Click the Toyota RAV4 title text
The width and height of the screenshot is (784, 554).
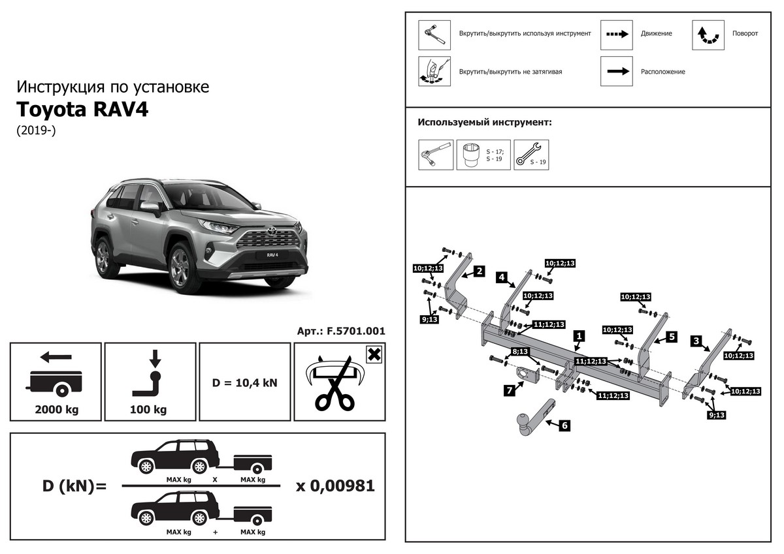coord(82,109)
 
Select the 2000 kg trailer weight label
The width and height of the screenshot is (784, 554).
coord(56,410)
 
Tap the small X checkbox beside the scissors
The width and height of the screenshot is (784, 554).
coord(374,355)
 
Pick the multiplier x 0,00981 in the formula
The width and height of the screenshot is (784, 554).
coord(335,486)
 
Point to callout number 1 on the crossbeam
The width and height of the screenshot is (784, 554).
coord(578,336)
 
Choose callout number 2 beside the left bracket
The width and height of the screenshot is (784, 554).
coord(479,270)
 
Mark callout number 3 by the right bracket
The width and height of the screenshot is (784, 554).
coord(696,341)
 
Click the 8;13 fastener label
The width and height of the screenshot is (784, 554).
coord(521,352)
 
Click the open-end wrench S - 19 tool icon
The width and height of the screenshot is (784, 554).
coord(531,155)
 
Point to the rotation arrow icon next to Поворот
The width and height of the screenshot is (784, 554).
coord(708,35)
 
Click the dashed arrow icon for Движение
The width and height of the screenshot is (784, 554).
coord(617,35)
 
